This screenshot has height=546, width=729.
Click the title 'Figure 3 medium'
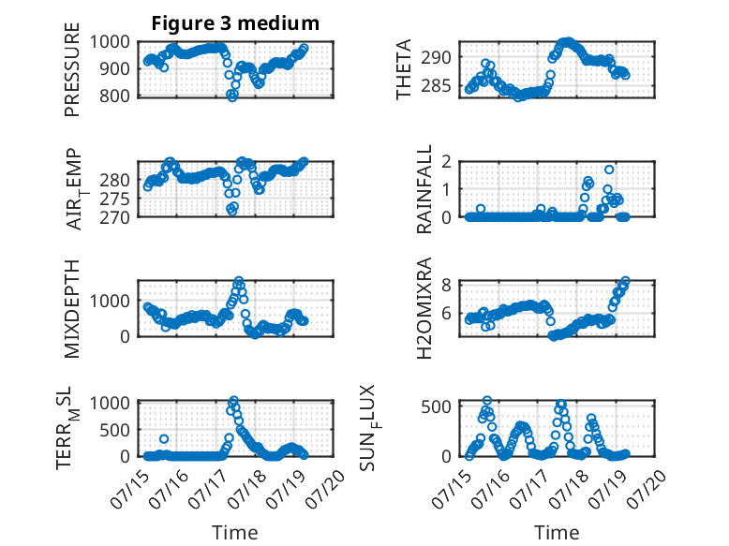tap(235, 23)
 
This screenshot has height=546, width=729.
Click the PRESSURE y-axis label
tap(72, 69)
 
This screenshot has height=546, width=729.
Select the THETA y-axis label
tap(404, 69)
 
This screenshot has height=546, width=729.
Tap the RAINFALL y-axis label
tap(424, 189)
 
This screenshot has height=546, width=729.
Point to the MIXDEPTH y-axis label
tap(72, 309)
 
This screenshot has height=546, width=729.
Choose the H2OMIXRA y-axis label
tap(424, 308)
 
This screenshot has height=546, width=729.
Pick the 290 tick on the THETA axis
tap(437, 58)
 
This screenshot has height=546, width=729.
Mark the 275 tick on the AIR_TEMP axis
tap(115, 199)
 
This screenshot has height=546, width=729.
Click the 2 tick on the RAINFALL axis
tap(447, 162)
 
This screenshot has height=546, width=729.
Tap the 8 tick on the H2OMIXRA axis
tap(447, 285)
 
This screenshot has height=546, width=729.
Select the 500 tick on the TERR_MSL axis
tap(115, 430)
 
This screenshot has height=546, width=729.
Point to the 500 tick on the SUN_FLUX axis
tap(437, 407)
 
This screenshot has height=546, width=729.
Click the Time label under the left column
tap(235, 533)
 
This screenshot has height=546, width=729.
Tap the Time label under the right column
tap(557, 533)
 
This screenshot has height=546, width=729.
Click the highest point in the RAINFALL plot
tap(609, 170)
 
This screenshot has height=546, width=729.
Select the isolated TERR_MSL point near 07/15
tap(164, 438)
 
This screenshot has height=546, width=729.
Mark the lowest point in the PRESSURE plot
tap(232, 97)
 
